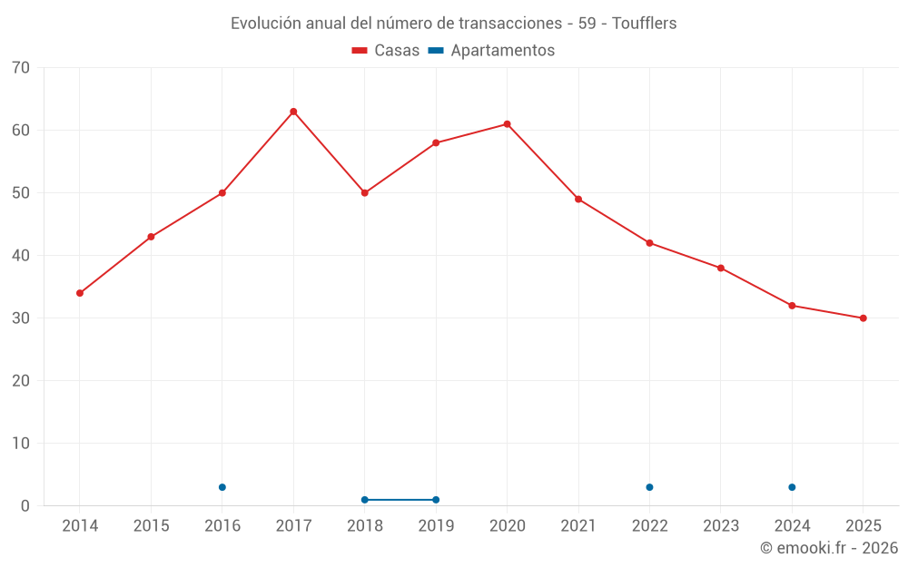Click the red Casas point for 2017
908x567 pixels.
point(293,112)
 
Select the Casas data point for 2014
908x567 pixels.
point(80,293)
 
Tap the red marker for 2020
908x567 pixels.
point(507,124)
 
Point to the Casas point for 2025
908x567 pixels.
point(863,318)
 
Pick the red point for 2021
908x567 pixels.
point(578,200)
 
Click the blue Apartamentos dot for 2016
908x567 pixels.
point(222,487)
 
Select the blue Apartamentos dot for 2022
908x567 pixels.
point(649,487)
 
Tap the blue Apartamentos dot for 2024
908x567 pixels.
point(792,487)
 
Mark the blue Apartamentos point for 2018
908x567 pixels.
point(365,500)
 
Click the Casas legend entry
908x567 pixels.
point(386,51)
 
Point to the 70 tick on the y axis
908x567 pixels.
point(21,68)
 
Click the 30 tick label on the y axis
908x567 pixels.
point(21,318)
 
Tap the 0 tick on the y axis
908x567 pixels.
point(25,506)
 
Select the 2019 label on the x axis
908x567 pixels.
point(436,526)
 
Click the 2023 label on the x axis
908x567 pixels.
point(721,526)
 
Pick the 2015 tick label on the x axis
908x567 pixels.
point(151,526)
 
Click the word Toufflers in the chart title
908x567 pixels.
point(644,24)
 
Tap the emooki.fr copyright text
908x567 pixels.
point(829,548)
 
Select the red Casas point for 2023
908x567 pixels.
point(721,269)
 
